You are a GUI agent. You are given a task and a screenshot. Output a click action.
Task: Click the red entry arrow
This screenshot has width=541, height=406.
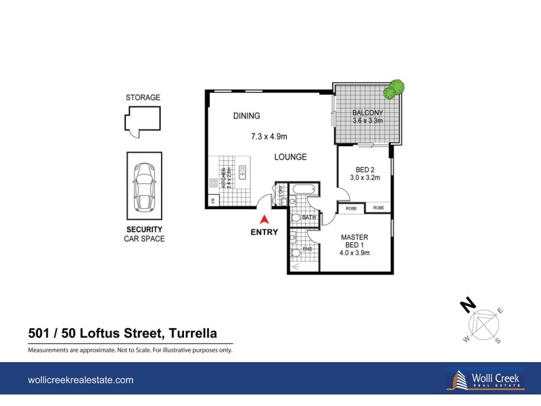click(x=265, y=219)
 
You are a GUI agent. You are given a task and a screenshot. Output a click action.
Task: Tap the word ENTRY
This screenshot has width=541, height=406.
click(x=265, y=232)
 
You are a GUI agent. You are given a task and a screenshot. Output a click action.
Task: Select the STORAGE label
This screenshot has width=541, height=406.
click(x=143, y=97)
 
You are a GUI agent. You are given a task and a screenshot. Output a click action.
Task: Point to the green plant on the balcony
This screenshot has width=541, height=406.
click(x=394, y=89)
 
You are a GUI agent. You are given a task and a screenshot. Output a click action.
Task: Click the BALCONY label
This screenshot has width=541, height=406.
click(x=368, y=112)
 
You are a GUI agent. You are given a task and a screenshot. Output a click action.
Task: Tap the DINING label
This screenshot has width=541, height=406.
click(x=247, y=116)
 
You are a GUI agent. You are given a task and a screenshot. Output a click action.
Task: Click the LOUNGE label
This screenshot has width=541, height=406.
click(x=290, y=157)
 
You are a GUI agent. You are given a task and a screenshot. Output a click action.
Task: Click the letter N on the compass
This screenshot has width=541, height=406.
click(x=465, y=305)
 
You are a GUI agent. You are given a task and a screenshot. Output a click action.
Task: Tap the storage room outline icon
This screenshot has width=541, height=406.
click(x=142, y=121)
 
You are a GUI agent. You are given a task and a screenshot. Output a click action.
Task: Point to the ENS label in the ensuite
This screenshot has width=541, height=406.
click(x=307, y=249)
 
